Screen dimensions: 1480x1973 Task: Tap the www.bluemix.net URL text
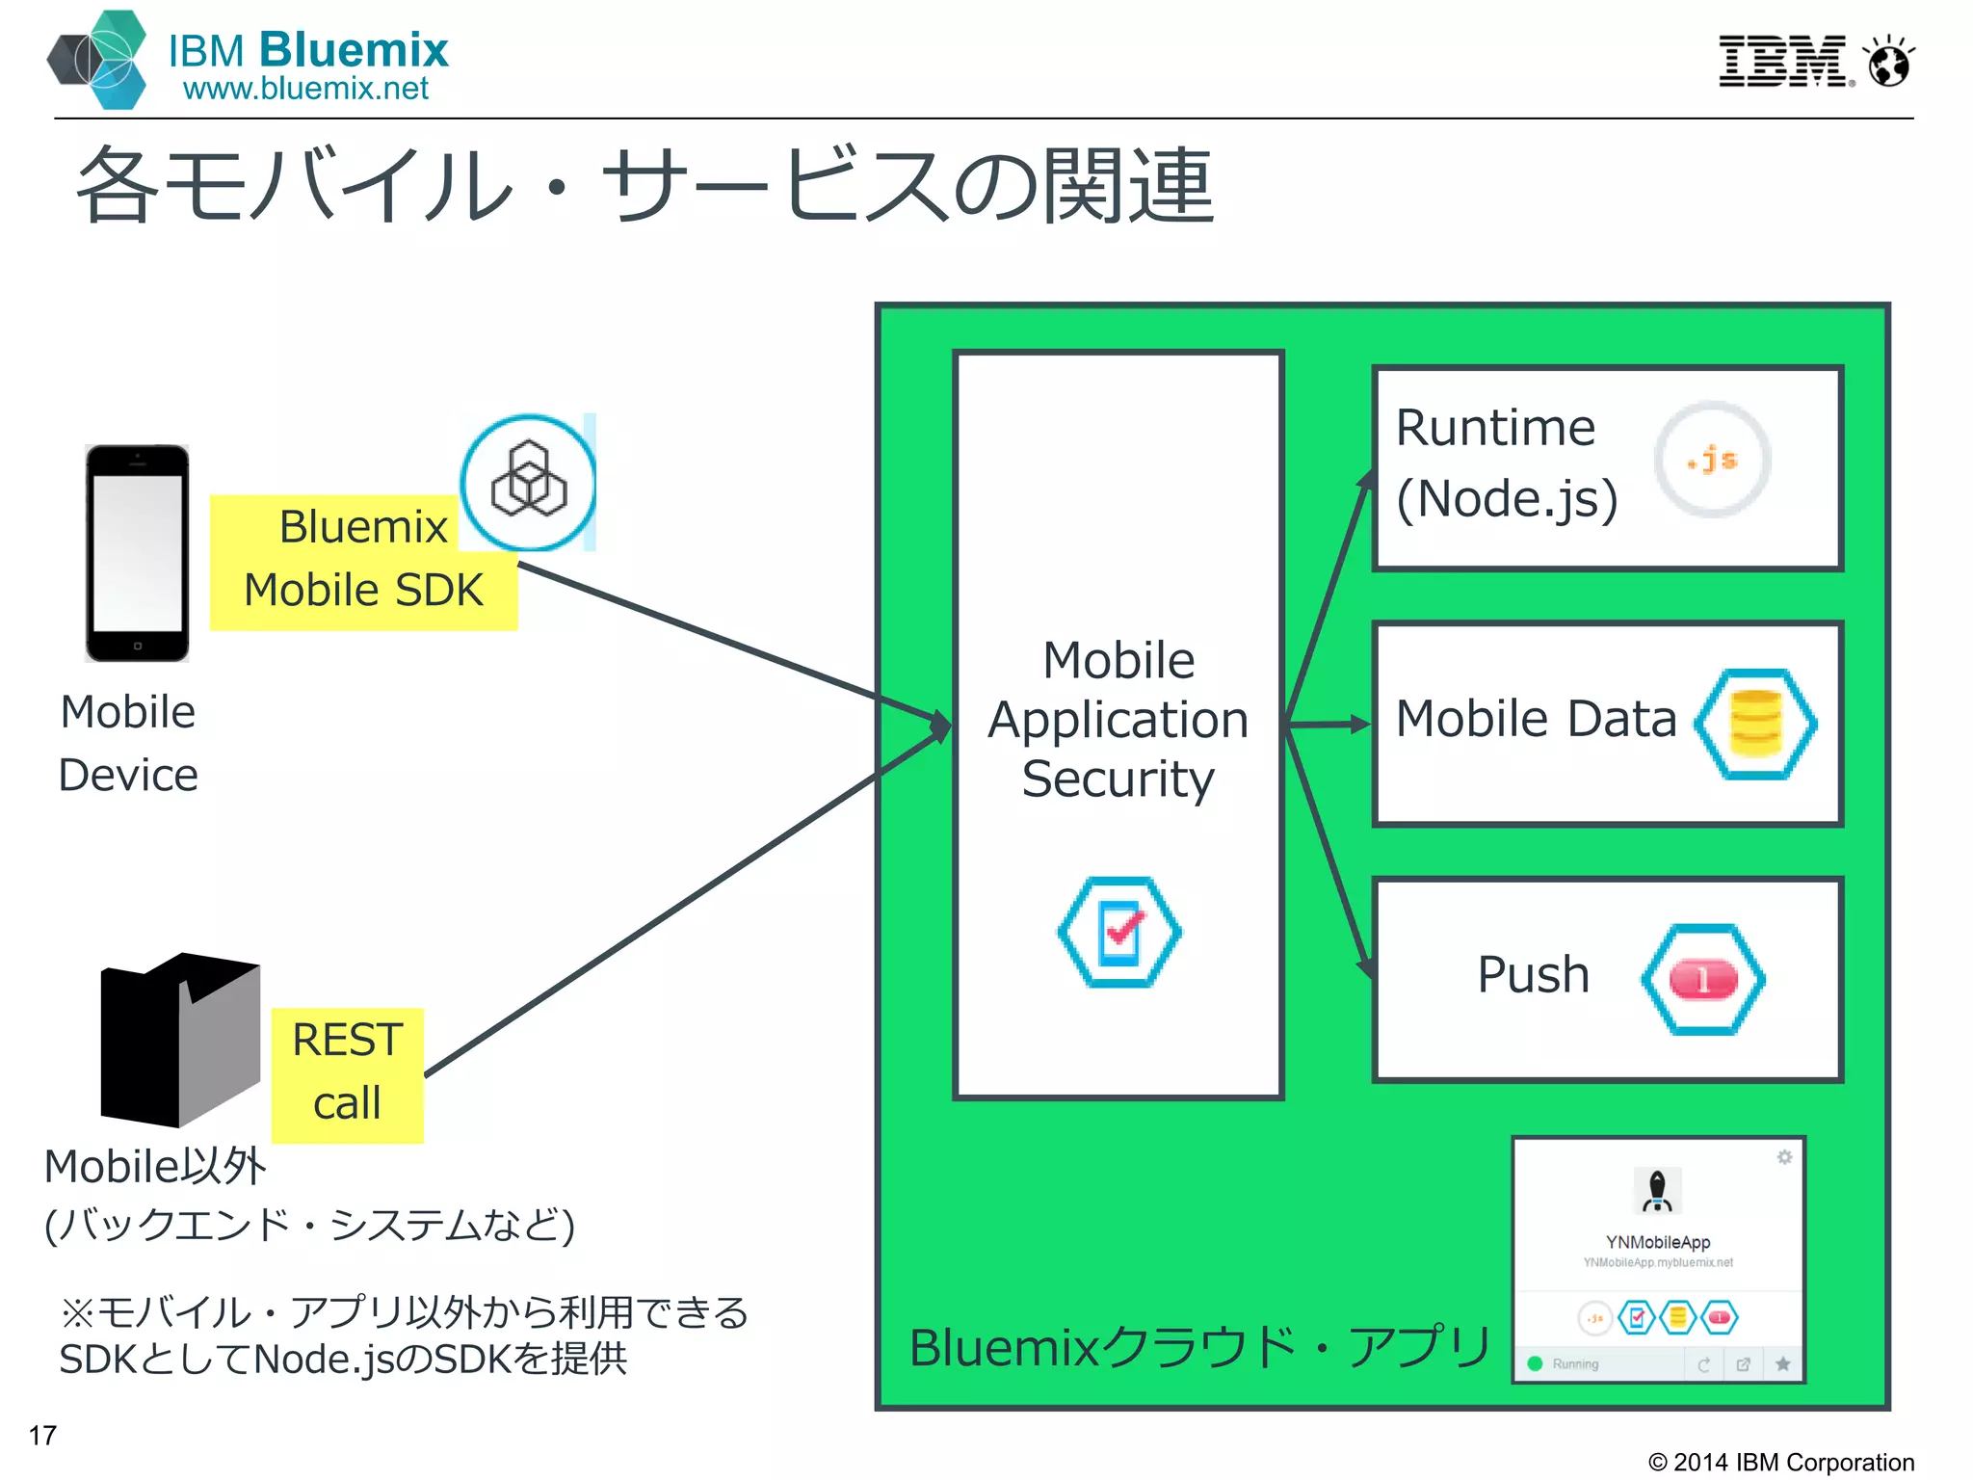pos(305,89)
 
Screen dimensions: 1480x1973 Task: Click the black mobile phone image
pos(137,553)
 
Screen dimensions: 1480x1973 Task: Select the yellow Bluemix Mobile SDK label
pos(363,562)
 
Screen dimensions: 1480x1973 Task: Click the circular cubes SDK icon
pos(528,483)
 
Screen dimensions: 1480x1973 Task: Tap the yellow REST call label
pos(347,1073)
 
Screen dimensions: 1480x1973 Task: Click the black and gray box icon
pos(180,1040)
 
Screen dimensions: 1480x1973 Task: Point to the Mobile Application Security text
pos(1118,719)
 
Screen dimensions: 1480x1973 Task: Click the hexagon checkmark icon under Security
pos(1118,932)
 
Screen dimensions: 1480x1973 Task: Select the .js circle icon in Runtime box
pos(1712,460)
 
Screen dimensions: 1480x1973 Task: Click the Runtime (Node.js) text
pos(1506,463)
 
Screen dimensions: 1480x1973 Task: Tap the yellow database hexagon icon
pos(1755,724)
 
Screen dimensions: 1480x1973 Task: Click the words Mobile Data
pos(1536,719)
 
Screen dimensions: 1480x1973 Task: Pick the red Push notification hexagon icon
pos(1703,980)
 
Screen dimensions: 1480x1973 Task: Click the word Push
pos(1533,974)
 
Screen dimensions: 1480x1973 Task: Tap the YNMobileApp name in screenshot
pos(1657,1242)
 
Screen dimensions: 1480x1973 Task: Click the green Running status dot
pos(1536,1363)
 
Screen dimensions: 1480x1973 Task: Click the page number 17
pos(42,1436)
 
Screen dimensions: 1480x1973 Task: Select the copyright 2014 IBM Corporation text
pos(1780,1462)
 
